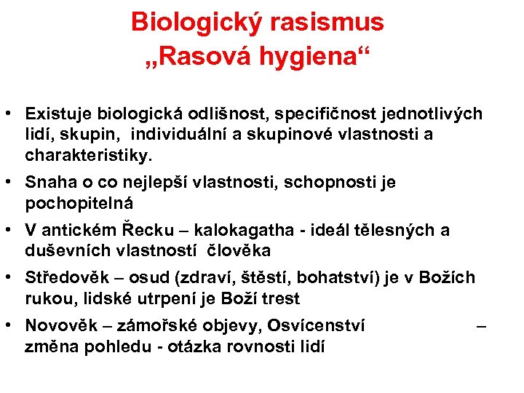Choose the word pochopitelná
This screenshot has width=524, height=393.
tap(79, 202)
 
